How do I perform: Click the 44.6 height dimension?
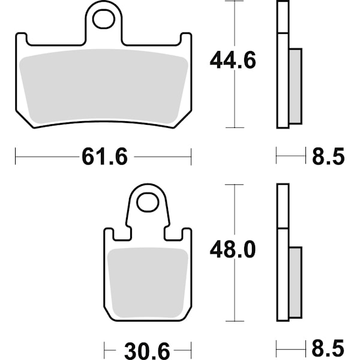(x=233, y=61)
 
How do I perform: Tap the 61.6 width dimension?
(x=104, y=157)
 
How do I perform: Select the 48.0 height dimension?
(x=233, y=250)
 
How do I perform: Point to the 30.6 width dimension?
(x=147, y=351)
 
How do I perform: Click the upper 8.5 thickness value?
(x=328, y=157)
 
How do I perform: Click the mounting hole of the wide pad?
(x=104, y=19)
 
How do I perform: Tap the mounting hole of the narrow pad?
(x=148, y=203)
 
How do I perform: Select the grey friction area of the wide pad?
(x=104, y=86)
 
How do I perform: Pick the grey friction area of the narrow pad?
(x=148, y=283)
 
